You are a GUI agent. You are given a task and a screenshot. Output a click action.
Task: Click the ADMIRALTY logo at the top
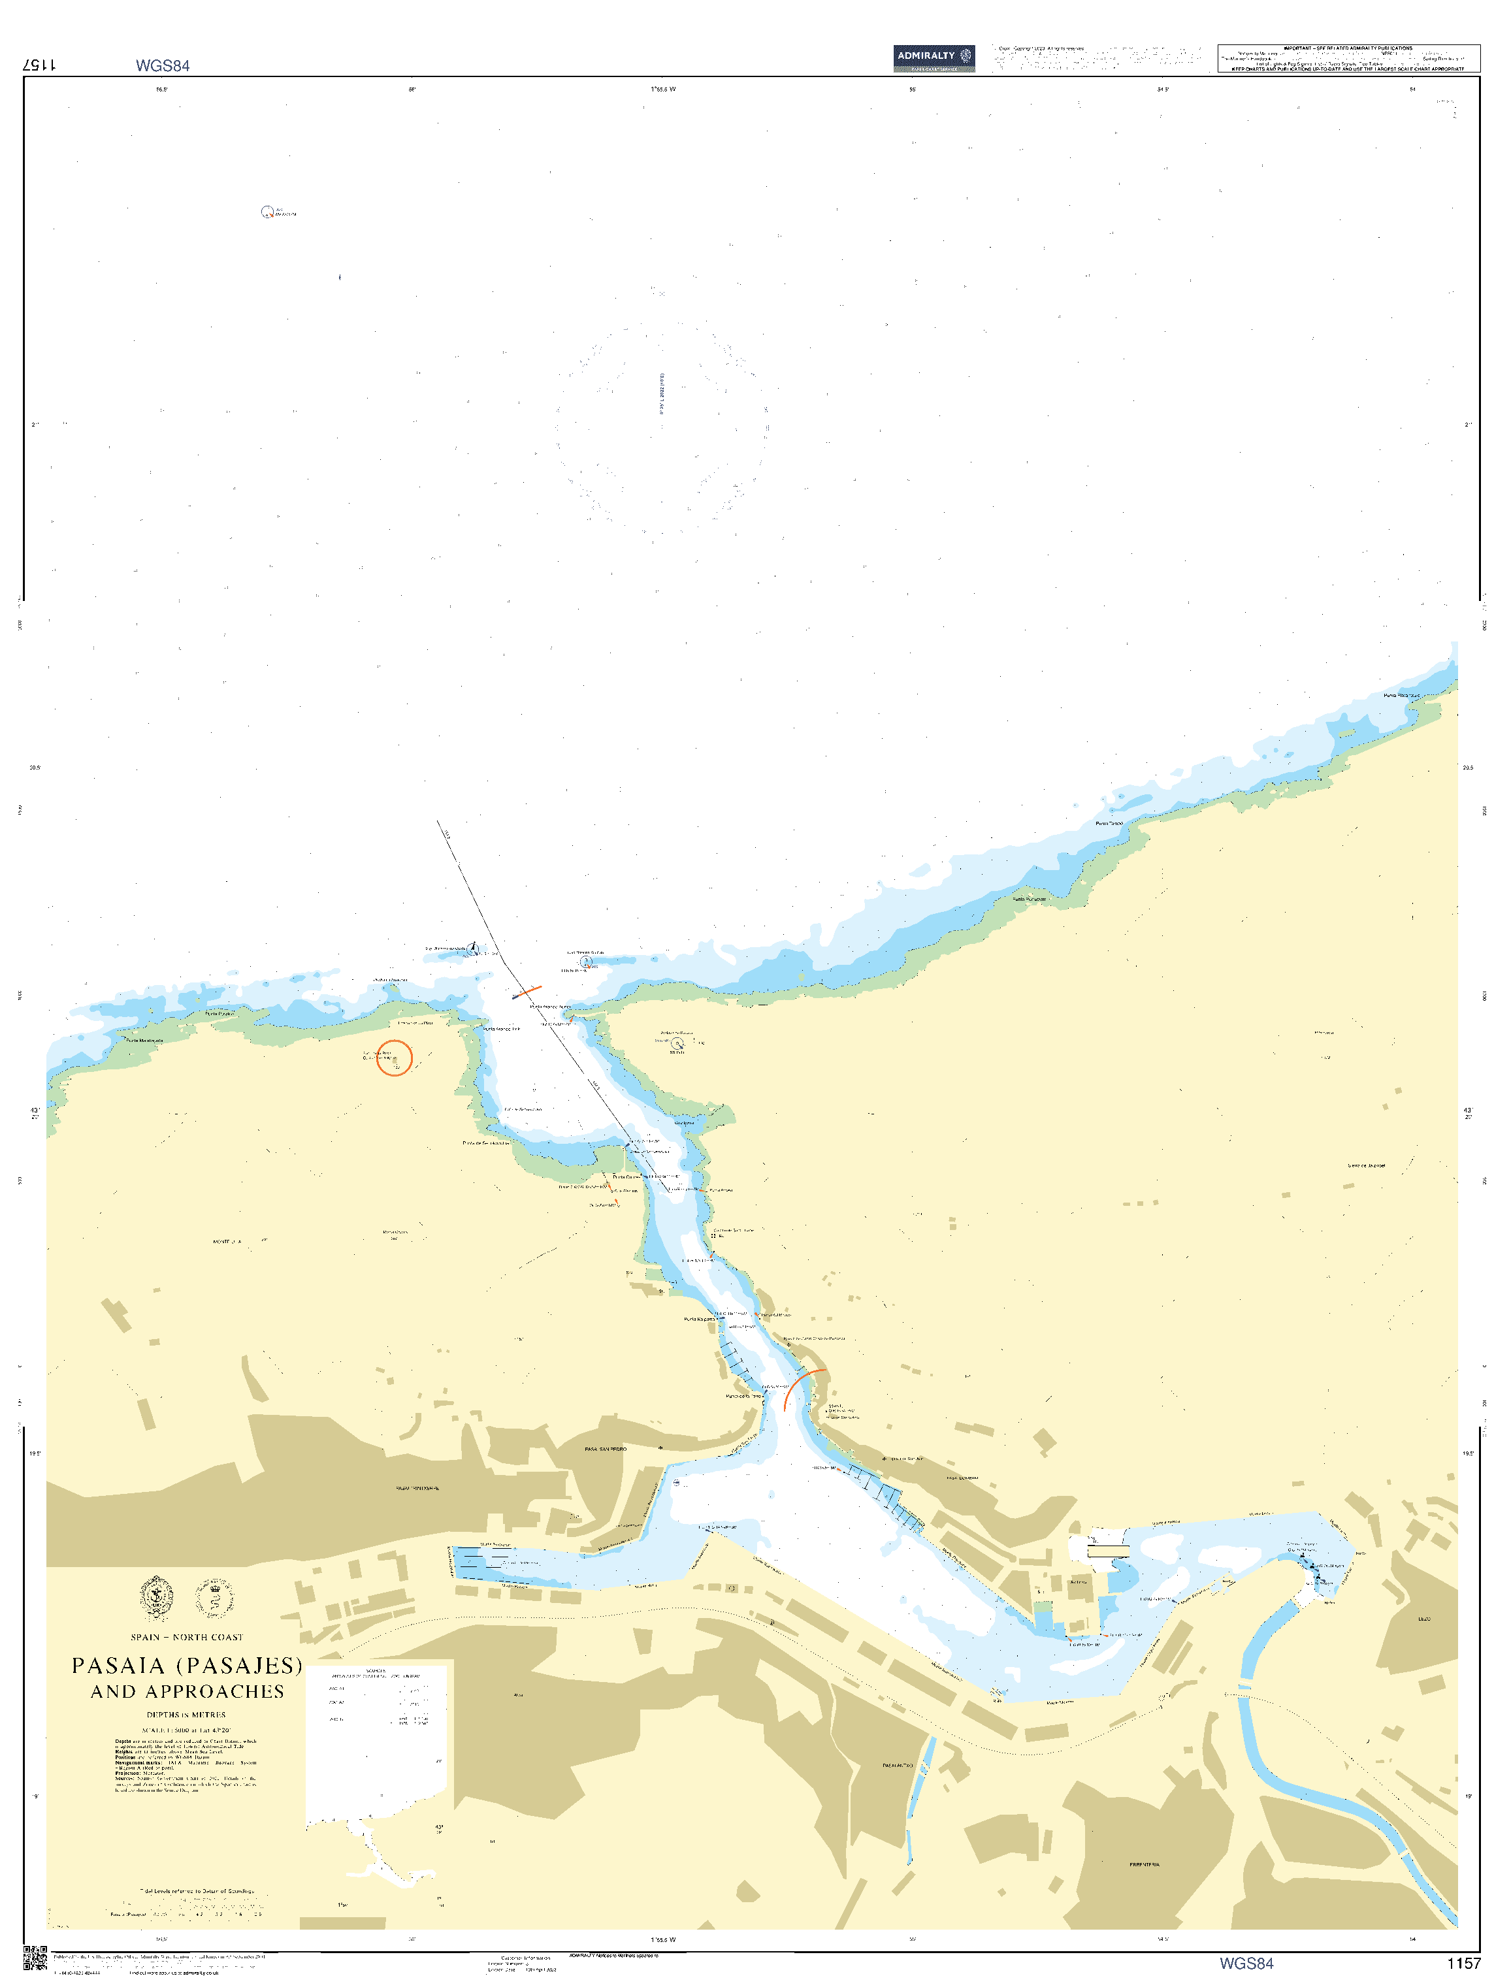pos(934,57)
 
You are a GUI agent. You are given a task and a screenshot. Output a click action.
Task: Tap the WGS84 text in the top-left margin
pos(162,66)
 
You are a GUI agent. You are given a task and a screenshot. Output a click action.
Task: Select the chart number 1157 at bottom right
pos(1463,1962)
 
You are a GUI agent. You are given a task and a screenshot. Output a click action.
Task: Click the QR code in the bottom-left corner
pos(34,1958)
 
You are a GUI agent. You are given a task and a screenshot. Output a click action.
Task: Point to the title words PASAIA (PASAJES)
pos(187,1666)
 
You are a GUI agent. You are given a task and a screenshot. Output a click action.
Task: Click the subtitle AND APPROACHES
pos(187,1692)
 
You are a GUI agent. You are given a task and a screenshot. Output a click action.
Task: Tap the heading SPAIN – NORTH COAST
pos(186,1637)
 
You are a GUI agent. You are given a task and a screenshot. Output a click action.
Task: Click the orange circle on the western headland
pos(394,1058)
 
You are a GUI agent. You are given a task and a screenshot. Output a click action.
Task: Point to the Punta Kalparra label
pos(699,1320)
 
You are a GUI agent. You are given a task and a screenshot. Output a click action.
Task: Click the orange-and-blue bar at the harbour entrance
pos(526,992)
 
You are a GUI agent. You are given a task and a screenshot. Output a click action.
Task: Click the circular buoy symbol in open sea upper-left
pos(267,212)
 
